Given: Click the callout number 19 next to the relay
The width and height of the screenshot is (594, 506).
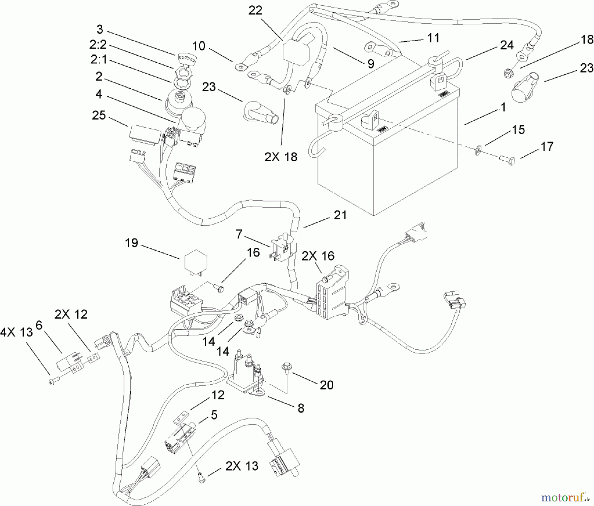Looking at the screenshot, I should pos(131,244).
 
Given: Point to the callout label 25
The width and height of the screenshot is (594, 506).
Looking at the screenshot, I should pos(99,116).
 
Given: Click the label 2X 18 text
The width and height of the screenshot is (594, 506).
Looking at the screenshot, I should pos(281,157).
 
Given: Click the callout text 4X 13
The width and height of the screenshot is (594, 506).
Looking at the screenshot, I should pos(16,332).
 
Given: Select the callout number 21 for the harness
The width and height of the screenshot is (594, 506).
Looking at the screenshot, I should pos(340,215).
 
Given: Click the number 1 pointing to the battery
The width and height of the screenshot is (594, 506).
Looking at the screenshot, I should pos(503,108).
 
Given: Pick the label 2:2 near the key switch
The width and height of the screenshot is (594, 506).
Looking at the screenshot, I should pos(98,45).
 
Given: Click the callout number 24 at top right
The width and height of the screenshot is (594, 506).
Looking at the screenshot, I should pos(507,45).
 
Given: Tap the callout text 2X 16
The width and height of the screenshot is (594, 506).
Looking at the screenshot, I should pos(318,256).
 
